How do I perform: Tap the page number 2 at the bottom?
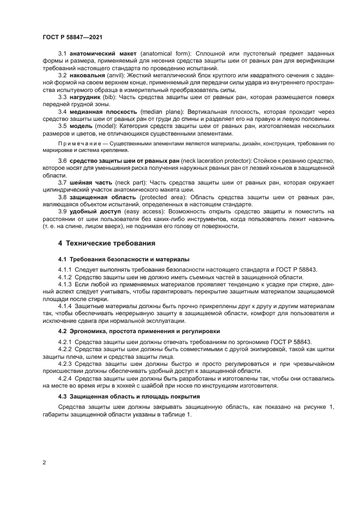[x=44, y=463]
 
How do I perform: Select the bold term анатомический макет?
[x=103, y=55]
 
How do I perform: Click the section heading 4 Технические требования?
[x=101, y=243]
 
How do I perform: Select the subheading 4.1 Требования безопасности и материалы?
[x=124, y=259]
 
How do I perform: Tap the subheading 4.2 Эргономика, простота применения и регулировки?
[x=140, y=330]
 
